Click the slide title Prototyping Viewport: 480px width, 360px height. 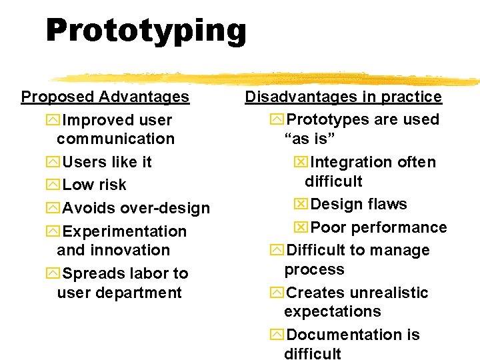pyautogui.click(x=146, y=31)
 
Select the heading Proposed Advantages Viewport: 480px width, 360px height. pyautogui.click(x=105, y=97)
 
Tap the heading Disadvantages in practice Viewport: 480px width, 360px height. pyautogui.click(x=343, y=97)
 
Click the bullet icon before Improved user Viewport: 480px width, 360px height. pyautogui.click(x=53, y=121)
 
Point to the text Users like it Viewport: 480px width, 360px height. pyautogui.click(x=107, y=162)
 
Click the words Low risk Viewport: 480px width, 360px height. pyautogui.click(x=94, y=185)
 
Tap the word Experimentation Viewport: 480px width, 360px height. pyautogui.click(x=124, y=231)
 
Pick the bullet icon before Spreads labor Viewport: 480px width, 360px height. pyautogui.click(x=53, y=273)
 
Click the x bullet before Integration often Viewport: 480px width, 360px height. pyautogui.click(x=301, y=163)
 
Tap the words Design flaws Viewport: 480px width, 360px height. pyautogui.click(x=359, y=204)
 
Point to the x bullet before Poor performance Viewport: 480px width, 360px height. pyautogui.click(x=301, y=227)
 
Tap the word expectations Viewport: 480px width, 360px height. pyautogui.click(x=332, y=311)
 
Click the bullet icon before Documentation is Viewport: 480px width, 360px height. pyautogui.click(x=277, y=335)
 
